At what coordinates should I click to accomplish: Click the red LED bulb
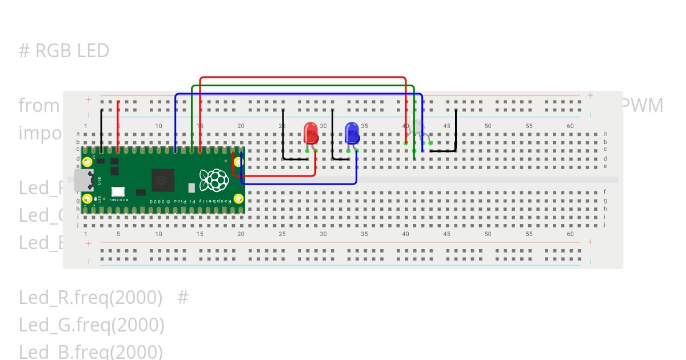(x=311, y=133)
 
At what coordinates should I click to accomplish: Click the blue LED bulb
(x=352, y=133)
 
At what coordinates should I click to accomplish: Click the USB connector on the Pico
(x=83, y=179)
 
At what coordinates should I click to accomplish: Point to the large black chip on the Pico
(x=162, y=180)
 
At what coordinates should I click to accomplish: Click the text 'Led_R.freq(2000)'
(x=90, y=298)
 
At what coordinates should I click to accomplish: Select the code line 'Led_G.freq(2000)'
(x=91, y=325)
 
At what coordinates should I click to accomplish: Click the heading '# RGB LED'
(x=63, y=51)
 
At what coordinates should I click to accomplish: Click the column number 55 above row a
(x=529, y=126)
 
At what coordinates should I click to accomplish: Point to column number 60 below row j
(x=570, y=234)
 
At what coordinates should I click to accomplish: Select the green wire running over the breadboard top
(x=303, y=86)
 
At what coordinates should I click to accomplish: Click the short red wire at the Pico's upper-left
(x=118, y=126)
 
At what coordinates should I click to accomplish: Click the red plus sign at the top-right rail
(x=590, y=95)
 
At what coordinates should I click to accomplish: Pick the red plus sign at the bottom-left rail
(x=89, y=243)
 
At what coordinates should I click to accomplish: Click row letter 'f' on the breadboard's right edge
(x=605, y=192)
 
